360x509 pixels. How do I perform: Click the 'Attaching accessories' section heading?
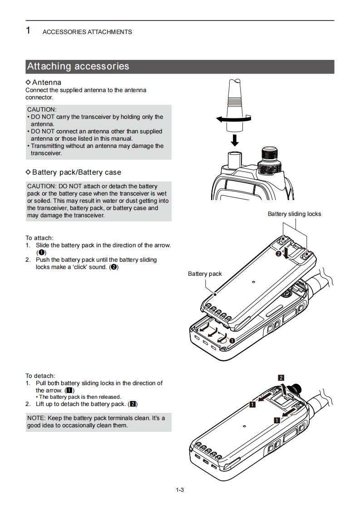coord(78,66)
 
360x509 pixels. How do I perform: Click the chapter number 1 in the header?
coord(29,31)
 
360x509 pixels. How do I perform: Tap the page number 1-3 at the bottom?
coord(180,489)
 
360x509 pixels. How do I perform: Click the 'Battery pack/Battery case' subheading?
coord(76,172)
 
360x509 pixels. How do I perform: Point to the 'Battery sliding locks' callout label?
coord(294,214)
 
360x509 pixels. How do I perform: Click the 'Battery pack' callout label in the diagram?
coord(205,274)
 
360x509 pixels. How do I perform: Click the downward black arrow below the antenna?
coord(234,139)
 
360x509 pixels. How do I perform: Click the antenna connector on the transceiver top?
coord(234,160)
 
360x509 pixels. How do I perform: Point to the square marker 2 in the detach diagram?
coord(281,377)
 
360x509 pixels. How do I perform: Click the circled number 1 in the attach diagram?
coord(232,340)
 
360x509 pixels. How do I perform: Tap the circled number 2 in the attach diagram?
coord(278,254)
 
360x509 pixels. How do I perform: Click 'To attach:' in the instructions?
coord(39,238)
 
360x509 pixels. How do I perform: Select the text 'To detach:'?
coord(40,376)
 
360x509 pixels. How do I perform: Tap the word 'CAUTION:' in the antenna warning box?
coord(42,109)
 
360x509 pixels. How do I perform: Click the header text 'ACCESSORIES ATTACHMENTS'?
coord(87,32)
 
